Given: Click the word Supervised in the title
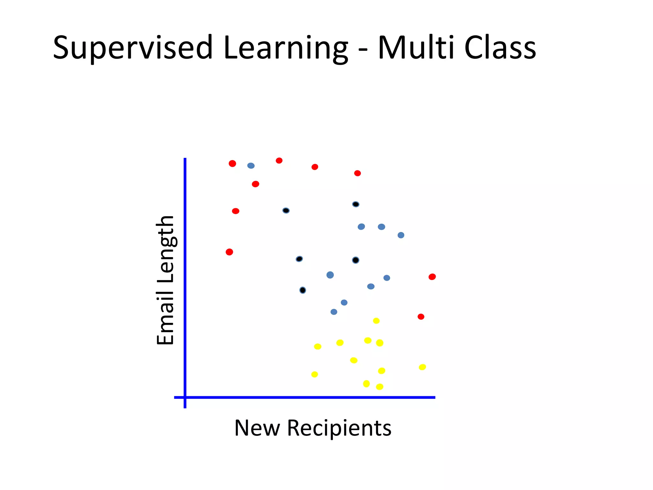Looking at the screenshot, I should (x=132, y=48).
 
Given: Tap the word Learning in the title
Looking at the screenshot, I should (x=285, y=48).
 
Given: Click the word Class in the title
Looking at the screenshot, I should (x=500, y=48).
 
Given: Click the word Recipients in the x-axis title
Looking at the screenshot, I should (x=339, y=428).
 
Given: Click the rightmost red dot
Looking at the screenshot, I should (x=432, y=277).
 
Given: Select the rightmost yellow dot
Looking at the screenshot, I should (x=422, y=367).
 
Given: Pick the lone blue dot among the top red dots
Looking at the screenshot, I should (x=251, y=166).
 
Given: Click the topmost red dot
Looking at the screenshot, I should (x=279, y=160).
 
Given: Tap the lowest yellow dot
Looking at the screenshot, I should (x=379, y=387).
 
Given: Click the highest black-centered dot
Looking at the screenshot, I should (x=356, y=204).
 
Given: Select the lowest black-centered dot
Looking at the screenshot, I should (x=303, y=290).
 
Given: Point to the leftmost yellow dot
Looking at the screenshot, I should (x=314, y=375).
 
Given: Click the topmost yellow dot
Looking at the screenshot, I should (x=376, y=321).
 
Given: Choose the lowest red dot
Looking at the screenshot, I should (x=421, y=317).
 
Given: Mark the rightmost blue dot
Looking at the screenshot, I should (x=401, y=235).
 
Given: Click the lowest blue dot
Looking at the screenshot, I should (x=334, y=312).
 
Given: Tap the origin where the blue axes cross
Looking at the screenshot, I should (x=185, y=397).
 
